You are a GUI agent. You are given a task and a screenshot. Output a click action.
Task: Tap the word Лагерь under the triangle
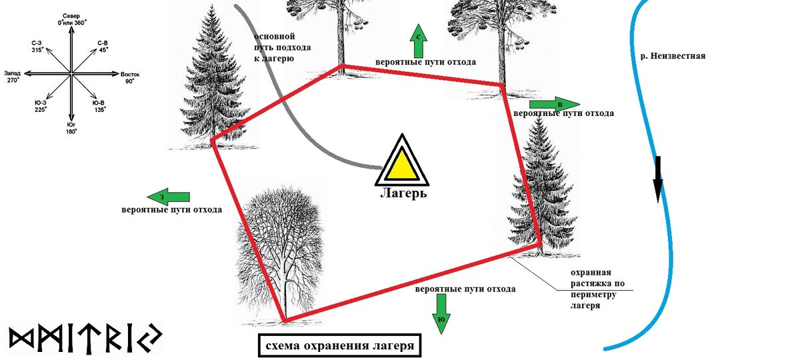403,193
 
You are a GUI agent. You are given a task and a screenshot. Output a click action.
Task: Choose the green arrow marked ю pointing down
441,313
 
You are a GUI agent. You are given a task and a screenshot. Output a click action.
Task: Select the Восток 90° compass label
129,77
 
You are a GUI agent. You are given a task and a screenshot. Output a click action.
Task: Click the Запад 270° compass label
14,76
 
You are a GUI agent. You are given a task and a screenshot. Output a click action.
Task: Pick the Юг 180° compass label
71,128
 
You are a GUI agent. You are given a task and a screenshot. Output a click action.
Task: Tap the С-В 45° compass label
103,45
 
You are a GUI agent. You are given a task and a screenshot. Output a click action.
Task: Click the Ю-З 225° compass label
41,106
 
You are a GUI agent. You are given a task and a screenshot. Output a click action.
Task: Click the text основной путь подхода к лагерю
274,47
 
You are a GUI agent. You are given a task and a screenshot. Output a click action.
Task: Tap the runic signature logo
85,339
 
